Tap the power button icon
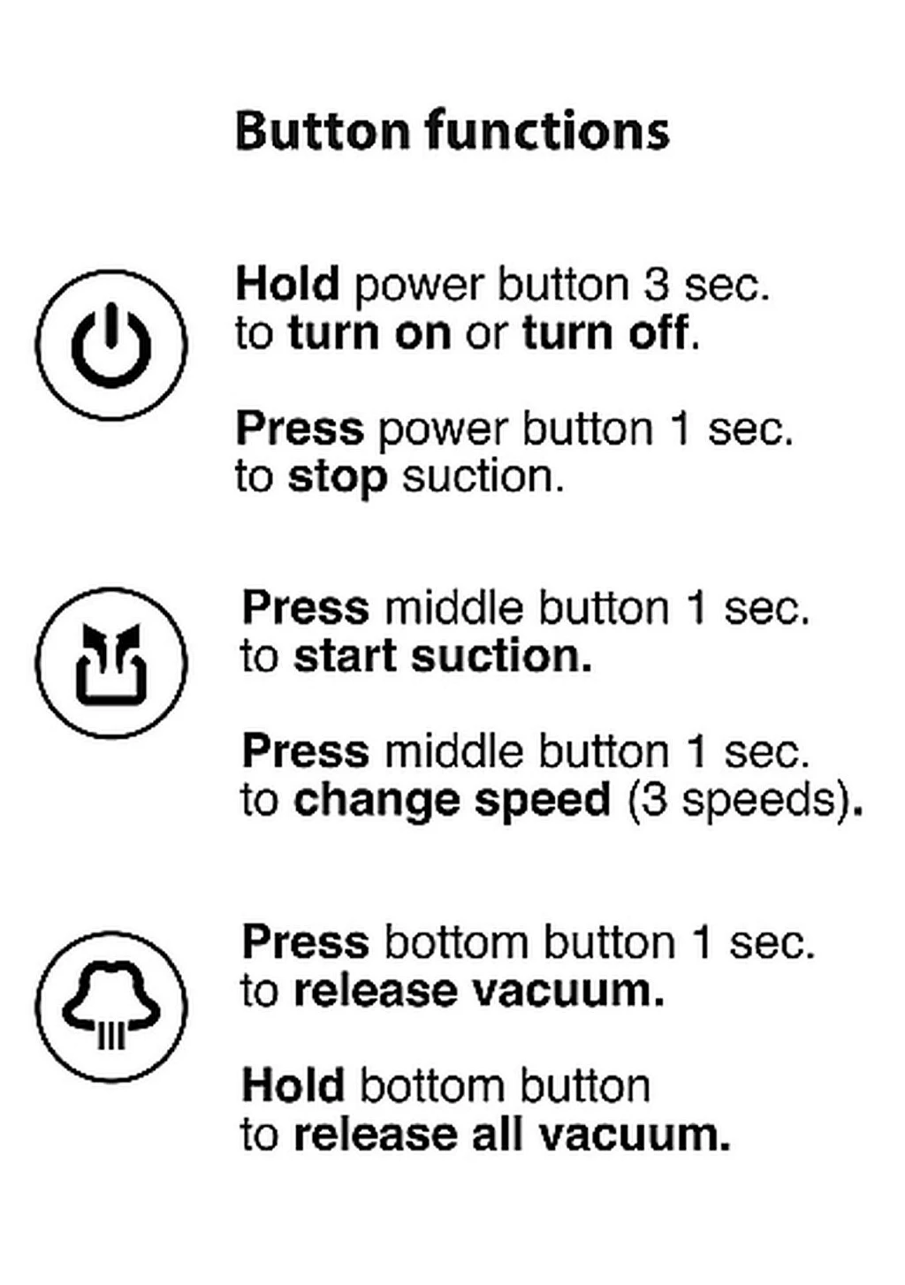click(111, 346)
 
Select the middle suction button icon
click(111, 663)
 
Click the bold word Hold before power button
click(287, 284)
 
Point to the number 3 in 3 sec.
click(656, 284)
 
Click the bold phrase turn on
click(370, 332)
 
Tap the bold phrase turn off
click(605, 332)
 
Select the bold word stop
click(338, 477)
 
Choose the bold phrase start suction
click(442, 656)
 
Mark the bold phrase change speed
click(452, 800)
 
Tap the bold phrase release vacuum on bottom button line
click(479, 991)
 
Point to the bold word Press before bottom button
click(306, 942)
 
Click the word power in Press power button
click(444, 430)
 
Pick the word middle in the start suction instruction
click(453, 607)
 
